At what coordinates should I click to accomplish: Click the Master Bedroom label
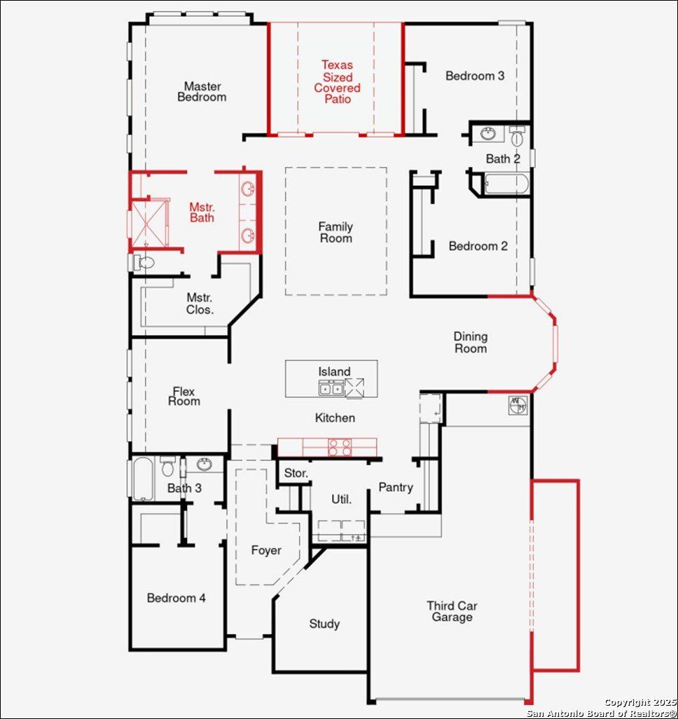click(202, 92)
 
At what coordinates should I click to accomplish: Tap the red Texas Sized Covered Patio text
click(337, 82)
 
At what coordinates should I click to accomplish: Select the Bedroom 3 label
click(474, 76)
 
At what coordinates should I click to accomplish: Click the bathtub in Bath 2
click(506, 184)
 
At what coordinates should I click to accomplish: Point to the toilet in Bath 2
click(517, 136)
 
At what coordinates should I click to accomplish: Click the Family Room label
click(335, 232)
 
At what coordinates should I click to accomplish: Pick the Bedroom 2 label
click(478, 246)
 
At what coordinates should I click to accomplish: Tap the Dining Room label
click(470, 343)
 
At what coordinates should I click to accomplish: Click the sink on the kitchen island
click(331, 388)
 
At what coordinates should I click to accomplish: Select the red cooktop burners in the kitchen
click(340, 447)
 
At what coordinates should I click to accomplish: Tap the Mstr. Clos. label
click(200, 303)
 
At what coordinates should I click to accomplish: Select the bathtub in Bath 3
click(143, 478)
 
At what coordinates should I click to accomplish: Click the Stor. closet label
click(296, 474)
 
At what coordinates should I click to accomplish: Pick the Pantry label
click(396, 487)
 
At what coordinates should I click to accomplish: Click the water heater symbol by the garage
click(518, 404)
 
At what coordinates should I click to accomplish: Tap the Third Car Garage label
click(452, 611)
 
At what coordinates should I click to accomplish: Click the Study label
click(324, 624)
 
